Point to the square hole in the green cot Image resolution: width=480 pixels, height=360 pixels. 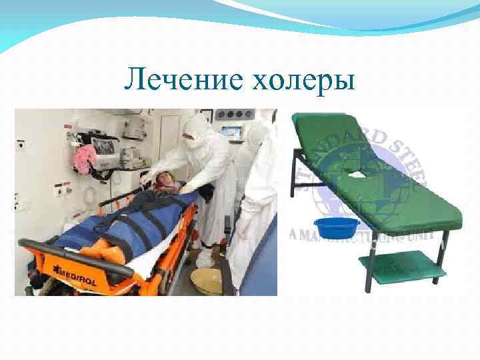coord(356,175)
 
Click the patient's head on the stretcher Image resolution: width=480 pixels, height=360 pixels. coord(167,181)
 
